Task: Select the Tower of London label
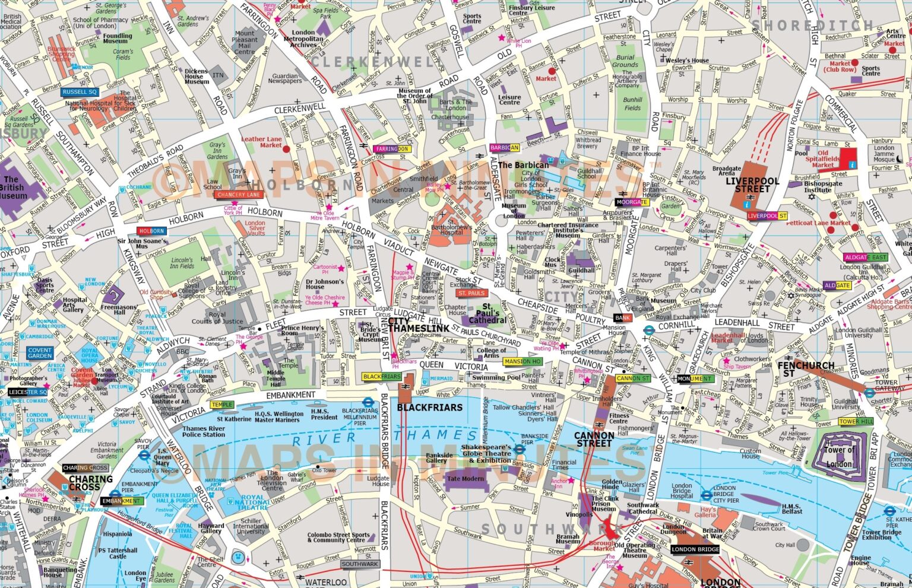point(839,456)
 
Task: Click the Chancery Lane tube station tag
point(239,195)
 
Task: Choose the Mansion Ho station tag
point(522,361)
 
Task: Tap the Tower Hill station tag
point(856,422)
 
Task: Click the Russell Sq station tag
point(80,93)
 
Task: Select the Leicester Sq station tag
point(27,392)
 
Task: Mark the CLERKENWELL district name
point(374,62)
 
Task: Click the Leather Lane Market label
point(261,142)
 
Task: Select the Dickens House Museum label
point(197,77)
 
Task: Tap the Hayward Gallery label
point(211,528)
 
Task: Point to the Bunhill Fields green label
point(632,104)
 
